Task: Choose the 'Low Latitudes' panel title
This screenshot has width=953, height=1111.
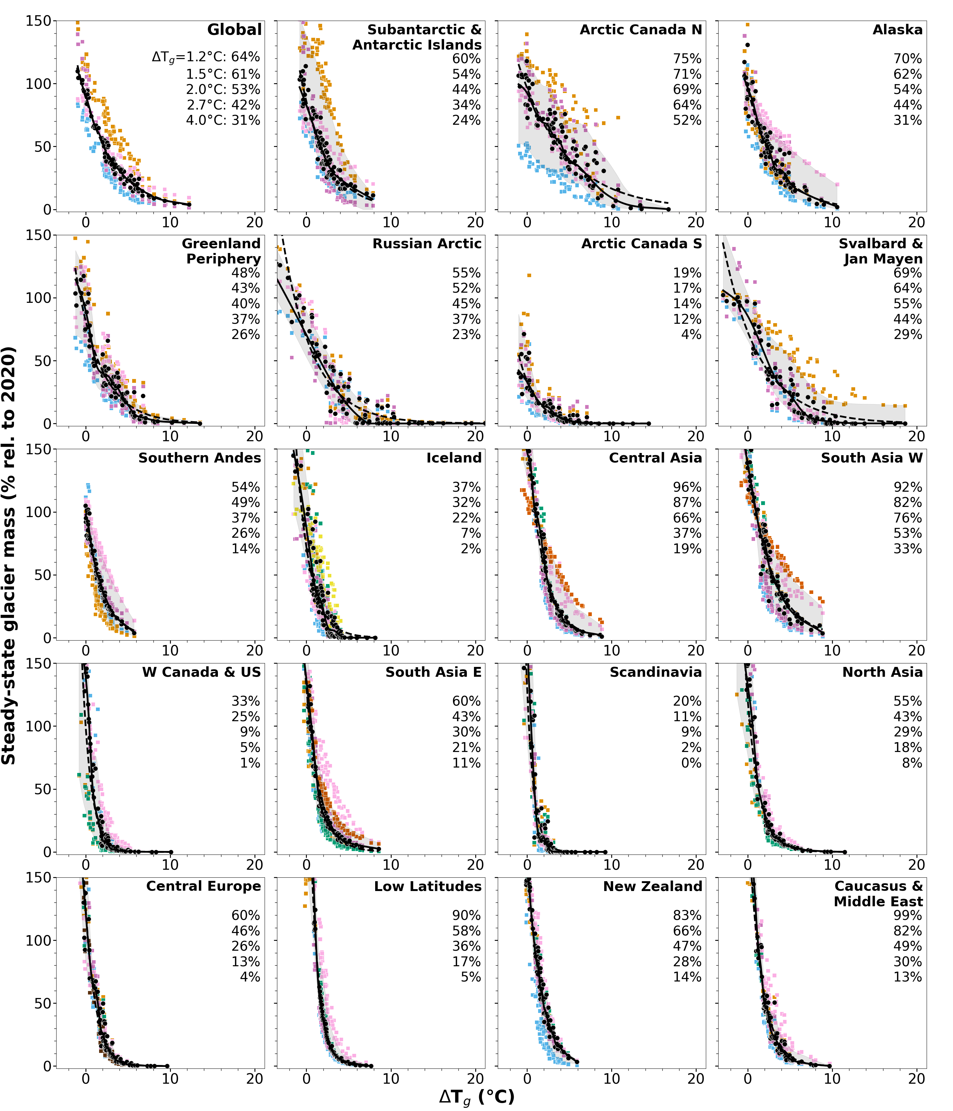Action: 428,886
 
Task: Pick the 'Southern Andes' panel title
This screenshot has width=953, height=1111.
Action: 199,458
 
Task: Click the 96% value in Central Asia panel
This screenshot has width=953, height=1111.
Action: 687,487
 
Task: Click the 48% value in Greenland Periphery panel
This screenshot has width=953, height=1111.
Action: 246,273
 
